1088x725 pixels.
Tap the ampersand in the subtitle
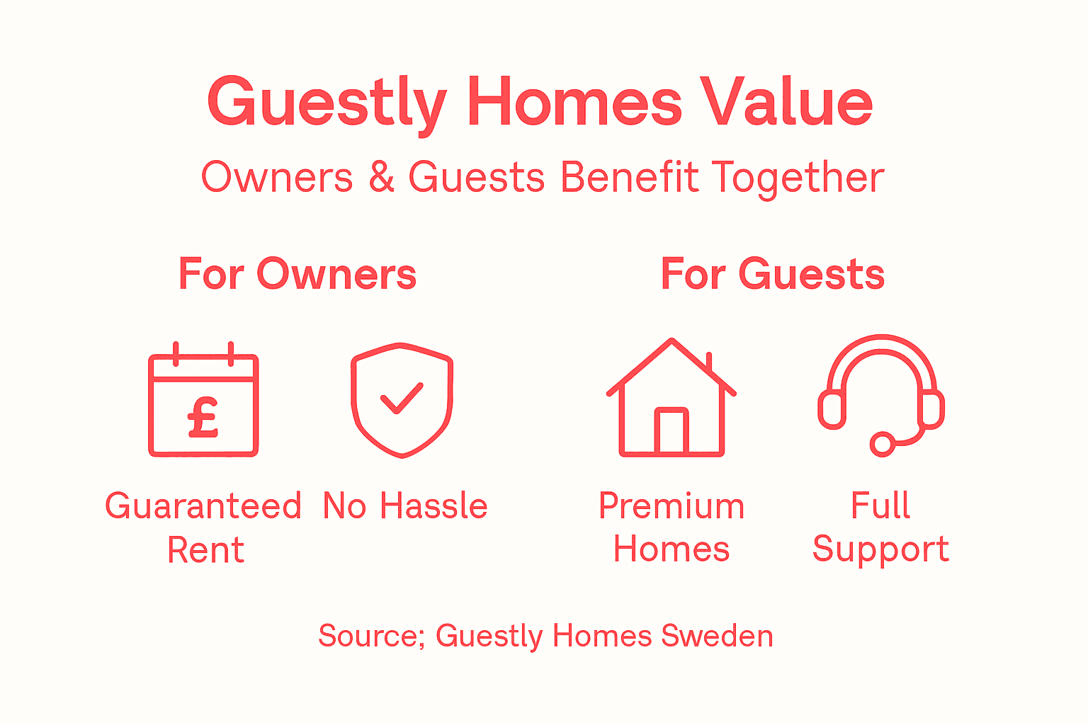point(381,177)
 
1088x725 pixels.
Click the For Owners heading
point(297,275)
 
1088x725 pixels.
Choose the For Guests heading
point(772,275)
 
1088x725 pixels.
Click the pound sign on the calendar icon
point(203,417)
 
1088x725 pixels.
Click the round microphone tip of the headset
point(882,444)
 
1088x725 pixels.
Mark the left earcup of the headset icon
point(832,410)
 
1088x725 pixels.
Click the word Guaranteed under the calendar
point(203,507)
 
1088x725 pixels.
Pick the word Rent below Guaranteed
point(205,550)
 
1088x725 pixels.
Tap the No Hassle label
point(405,507)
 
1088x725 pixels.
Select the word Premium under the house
point(671,507)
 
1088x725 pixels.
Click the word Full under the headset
point(880,507)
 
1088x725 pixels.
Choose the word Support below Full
point(880,550)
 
